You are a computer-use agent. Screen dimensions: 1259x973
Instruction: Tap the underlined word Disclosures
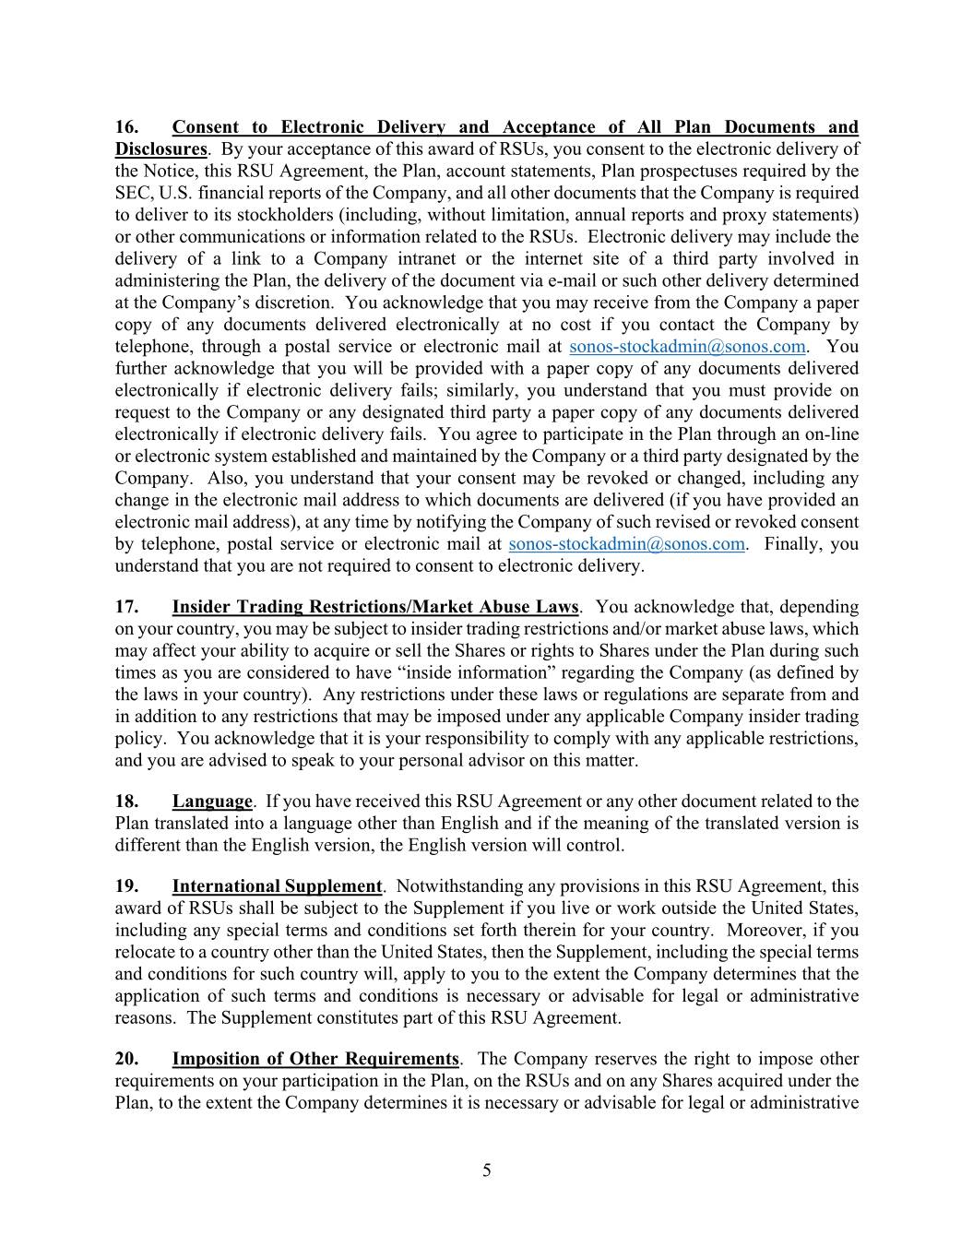[x=160, y=149]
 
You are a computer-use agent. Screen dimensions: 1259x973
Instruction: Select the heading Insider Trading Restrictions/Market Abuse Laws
[x=374, y=607]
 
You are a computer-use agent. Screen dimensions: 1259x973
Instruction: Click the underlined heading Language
[x=211, y=802]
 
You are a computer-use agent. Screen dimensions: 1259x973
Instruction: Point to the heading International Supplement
[x=277, y=886]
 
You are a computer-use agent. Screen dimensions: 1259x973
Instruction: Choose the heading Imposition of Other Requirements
[x=314, y=1059]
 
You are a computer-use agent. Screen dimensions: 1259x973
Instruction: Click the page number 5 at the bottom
[x=486, y=1171]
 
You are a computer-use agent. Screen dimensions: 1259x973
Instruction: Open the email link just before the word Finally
[x=626, y=544]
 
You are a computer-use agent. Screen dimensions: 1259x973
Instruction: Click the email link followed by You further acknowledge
[x=687, y=347]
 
